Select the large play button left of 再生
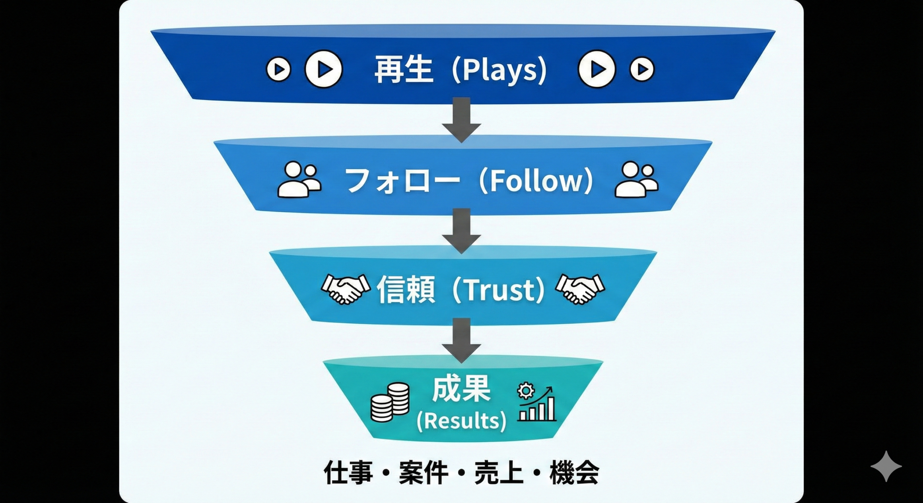pyautogui.click(x=323, y=69)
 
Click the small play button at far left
pyautogui.click(x=278, y=69)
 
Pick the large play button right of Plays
pyautogui.click(x=597, y=69)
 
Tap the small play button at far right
pyautogui.click(x=642, y=69)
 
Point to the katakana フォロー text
pyautogui.click(x=400, y=181)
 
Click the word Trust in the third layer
pyautogui.click(x=498, y=290)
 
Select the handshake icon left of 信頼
pyautogui.click(x=345, y=289)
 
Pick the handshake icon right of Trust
pyautogui.click(x=580, y=289)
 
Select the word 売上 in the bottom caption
pyautogui.click(x=499, y=473)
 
